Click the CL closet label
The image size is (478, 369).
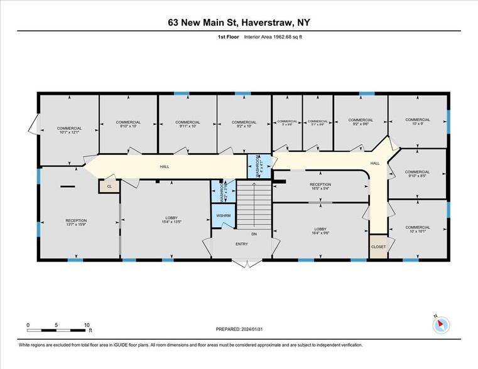(109, 186)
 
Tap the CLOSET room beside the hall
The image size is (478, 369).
(378, 247)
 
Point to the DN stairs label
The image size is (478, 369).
(254, 233)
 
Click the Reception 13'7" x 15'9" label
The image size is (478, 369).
(76, 223)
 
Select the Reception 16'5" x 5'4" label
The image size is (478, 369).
(320, 186)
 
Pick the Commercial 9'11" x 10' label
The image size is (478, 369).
(188, 124)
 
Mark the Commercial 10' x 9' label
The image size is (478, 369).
(417, 122)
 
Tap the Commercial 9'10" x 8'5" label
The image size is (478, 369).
(417, 174)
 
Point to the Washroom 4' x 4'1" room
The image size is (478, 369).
(258, 166)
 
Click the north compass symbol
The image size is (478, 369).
(442, 324)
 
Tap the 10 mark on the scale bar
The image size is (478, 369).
(87, 325)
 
